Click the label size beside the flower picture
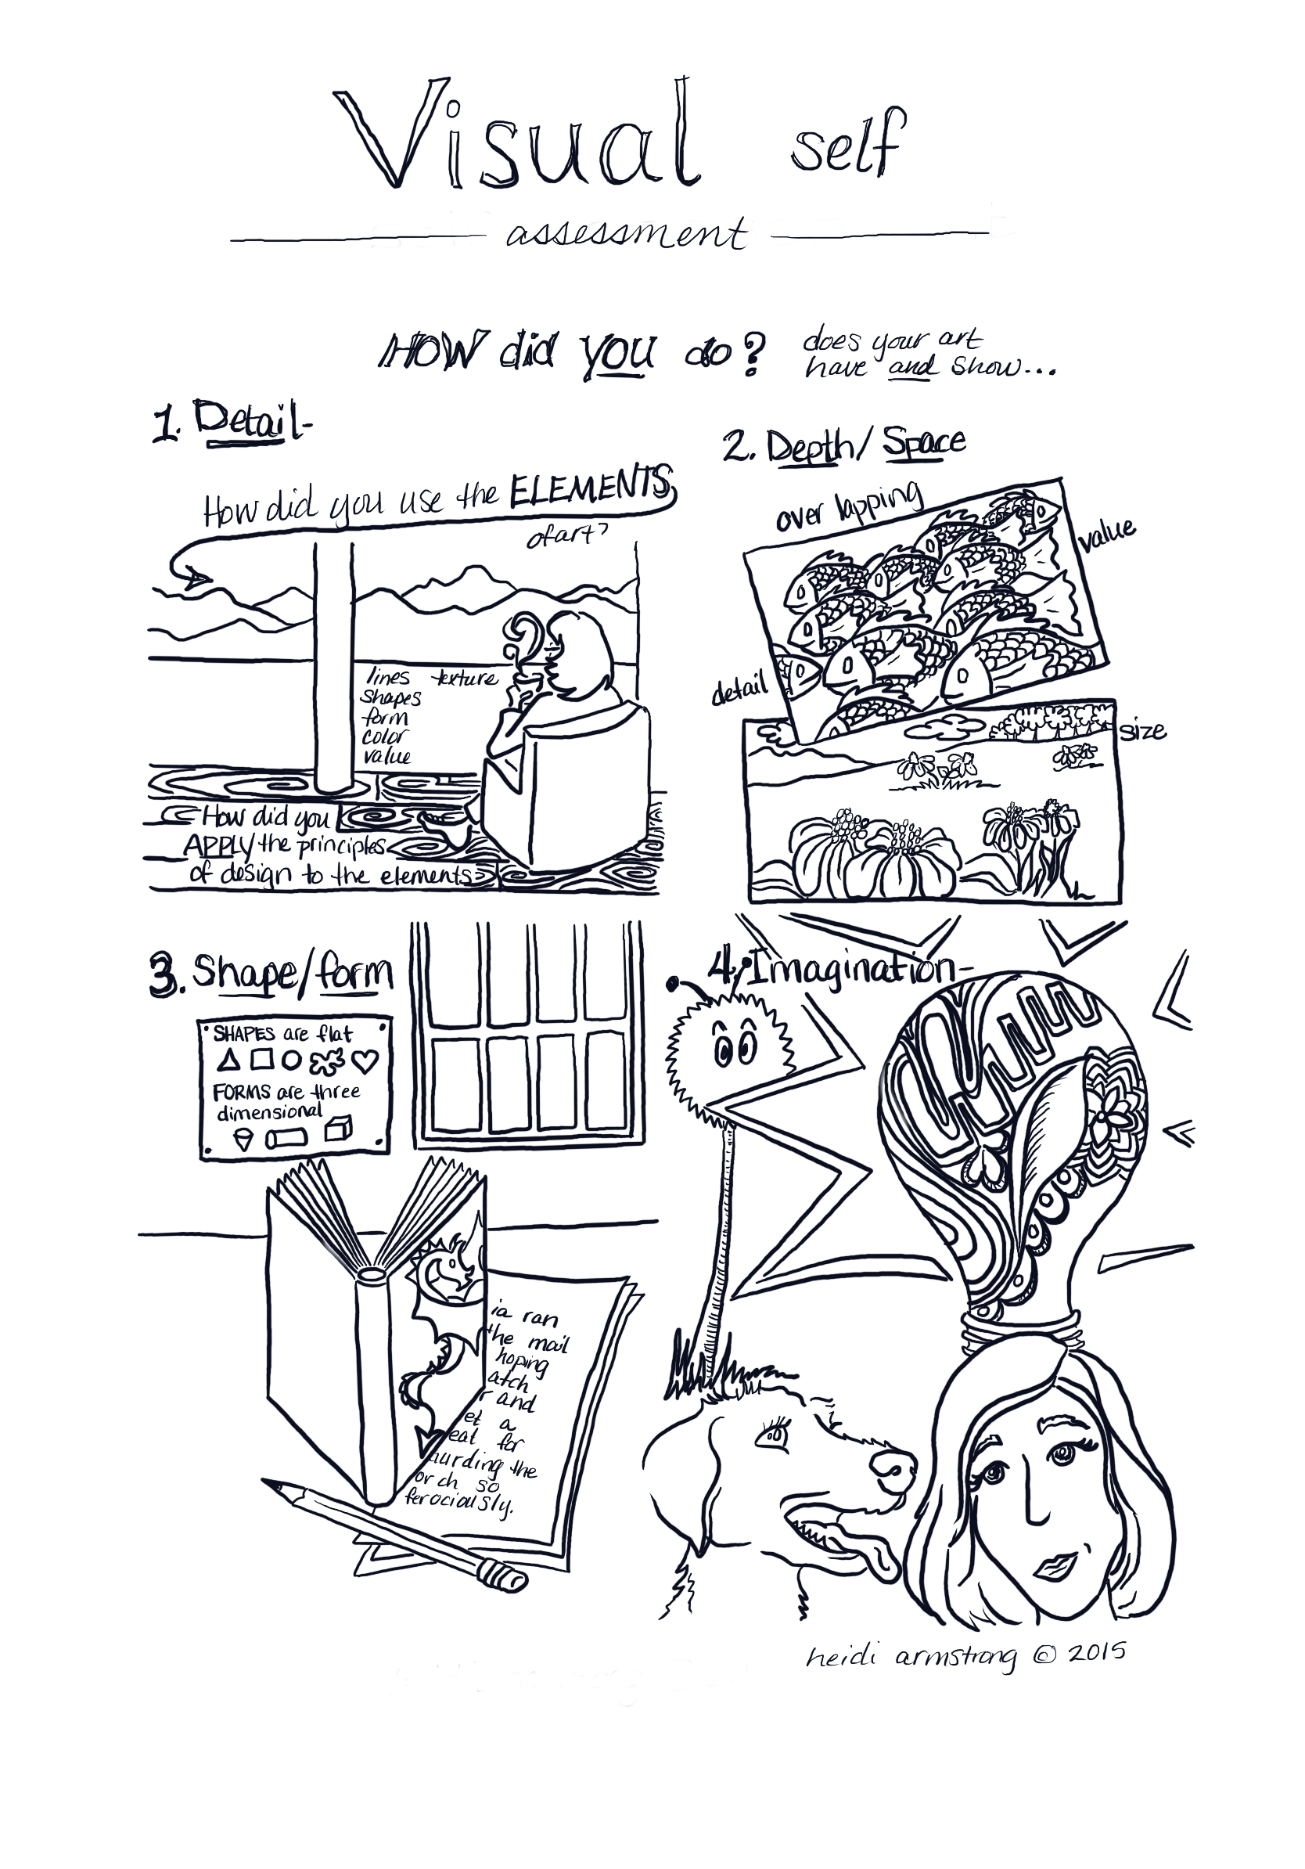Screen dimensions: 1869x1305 click(x=1142, y=730)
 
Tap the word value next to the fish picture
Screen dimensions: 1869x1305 click(x=1106, y=531)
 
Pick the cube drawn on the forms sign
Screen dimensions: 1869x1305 click(x=337, y=1130)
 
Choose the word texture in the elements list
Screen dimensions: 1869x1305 click(x=466, y=677)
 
